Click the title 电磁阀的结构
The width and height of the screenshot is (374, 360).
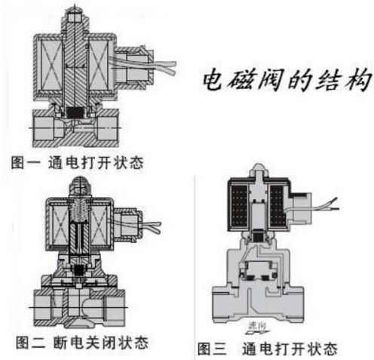point(287,80)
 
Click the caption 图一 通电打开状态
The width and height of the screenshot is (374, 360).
point(78,162)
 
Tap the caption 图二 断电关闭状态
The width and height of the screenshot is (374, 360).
point(82,342)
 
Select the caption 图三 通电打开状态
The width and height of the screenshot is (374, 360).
point(268,349)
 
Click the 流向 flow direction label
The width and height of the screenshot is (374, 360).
point(257,325)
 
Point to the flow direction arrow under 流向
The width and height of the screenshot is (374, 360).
point(257,332)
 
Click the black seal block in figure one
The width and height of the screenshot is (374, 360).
point(75,112)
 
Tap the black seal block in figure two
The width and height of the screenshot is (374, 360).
point(78,270)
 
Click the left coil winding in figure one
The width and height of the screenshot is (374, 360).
point(51,66)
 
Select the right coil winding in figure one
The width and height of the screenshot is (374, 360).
point(98,66)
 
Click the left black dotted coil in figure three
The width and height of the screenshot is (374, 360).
point(238,205)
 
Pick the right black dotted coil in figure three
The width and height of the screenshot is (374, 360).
point(277,205)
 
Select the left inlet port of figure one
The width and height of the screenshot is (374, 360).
point(44,128)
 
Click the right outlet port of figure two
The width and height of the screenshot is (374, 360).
point(114,307)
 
